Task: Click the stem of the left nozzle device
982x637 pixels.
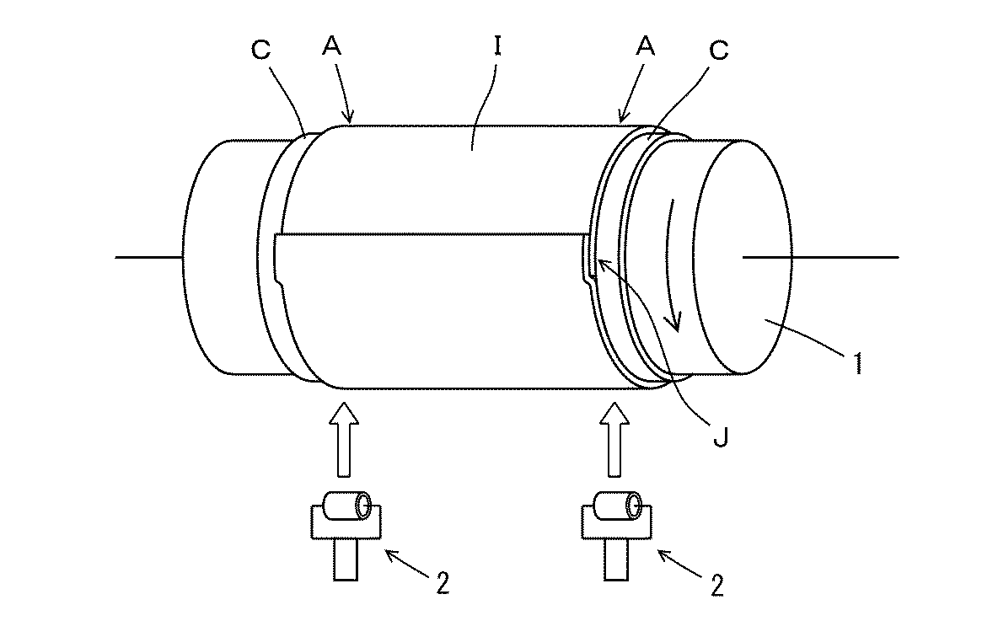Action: pos(346,559)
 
